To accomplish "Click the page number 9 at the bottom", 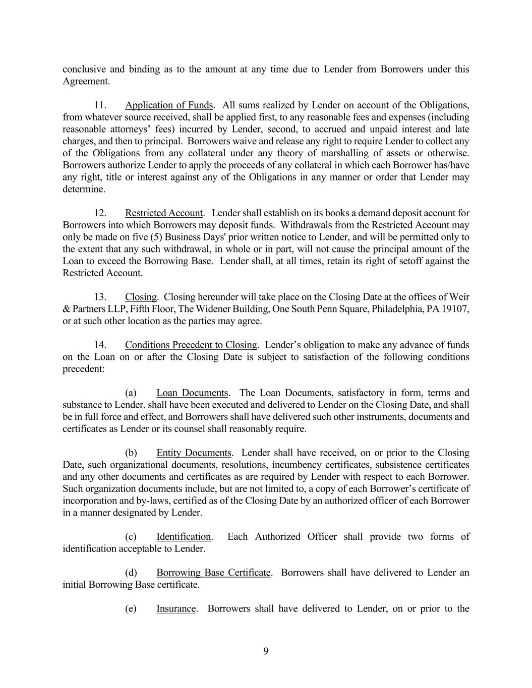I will [266, 651].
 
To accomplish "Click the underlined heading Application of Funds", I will [169, 105].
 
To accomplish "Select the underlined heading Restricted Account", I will [164, 213].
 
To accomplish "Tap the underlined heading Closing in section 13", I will [141, 297].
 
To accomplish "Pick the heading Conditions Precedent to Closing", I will [191, 345].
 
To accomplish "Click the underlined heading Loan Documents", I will [192, 393].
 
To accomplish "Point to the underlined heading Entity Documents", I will [194, 453].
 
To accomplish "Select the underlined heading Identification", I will [184, 537].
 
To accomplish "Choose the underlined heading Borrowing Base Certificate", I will [213, 573].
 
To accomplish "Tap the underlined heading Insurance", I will [175, 609].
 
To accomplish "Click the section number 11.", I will [100, 105].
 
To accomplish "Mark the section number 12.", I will [100, 213].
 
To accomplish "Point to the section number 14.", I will [100, 345].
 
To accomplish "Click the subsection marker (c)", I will [131, 537].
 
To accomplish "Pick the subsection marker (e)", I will [131, 609].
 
